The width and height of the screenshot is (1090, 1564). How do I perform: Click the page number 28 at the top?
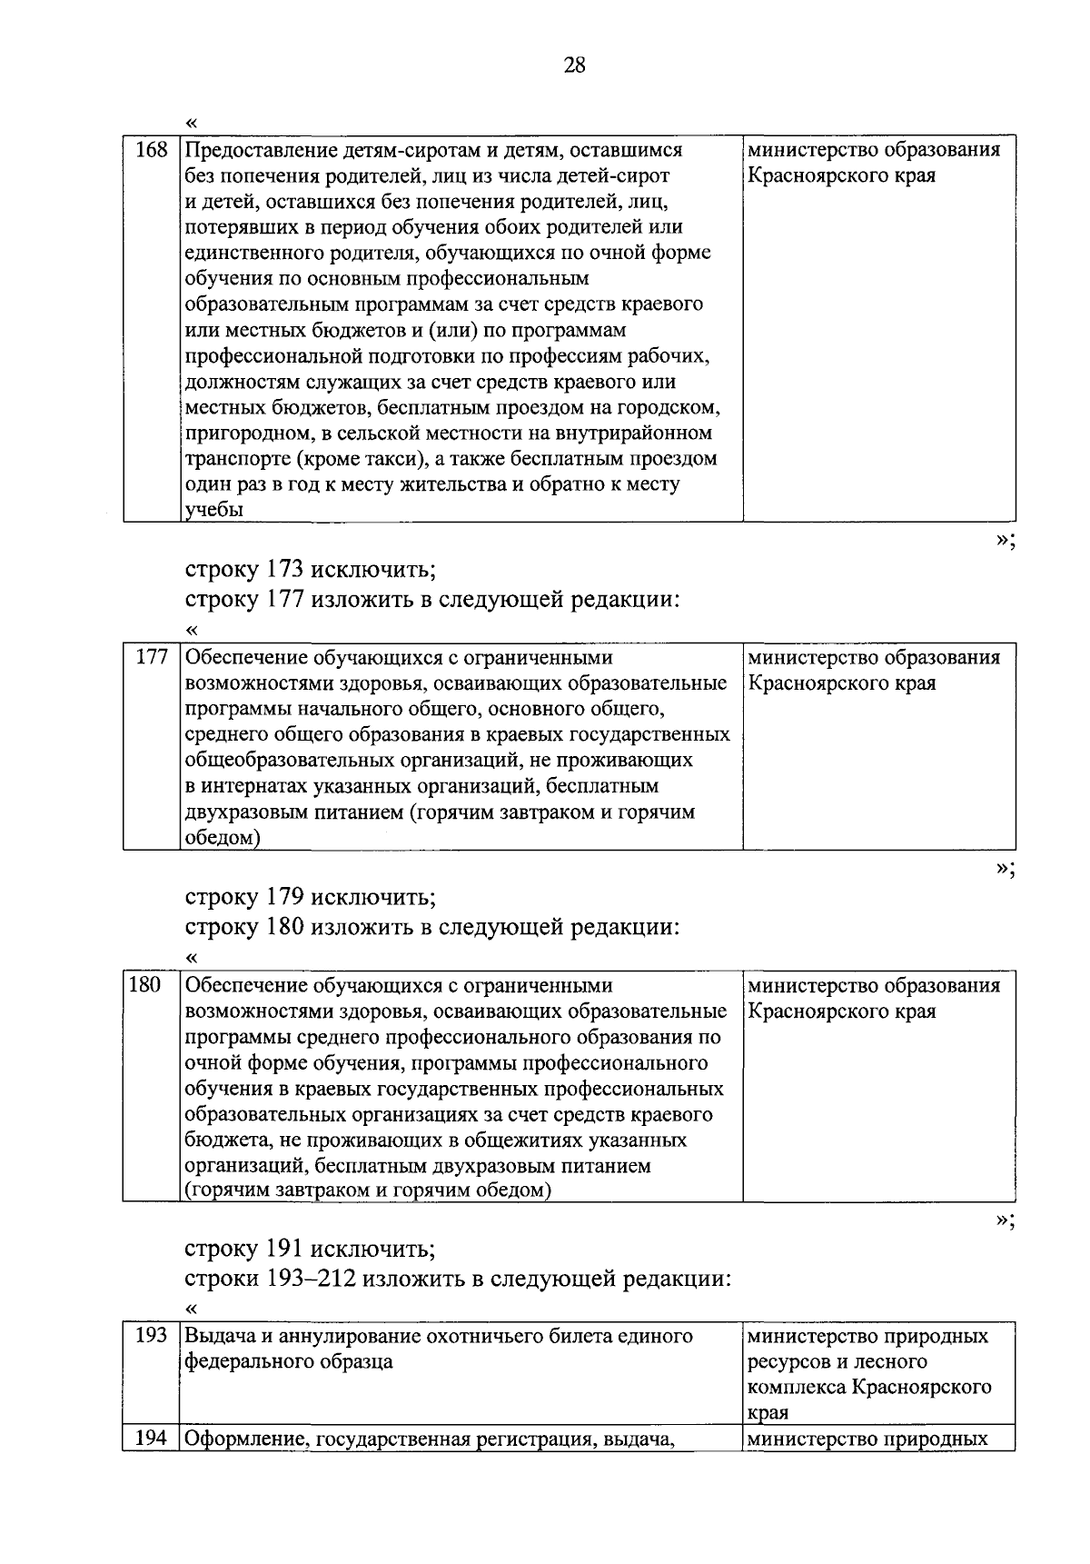[x=575, y=65]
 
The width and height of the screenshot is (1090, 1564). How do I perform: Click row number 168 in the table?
[x=151, y=150]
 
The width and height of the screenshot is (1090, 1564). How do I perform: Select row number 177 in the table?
[x=151, y=657]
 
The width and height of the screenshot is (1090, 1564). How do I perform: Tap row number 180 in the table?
[x=145, y=984]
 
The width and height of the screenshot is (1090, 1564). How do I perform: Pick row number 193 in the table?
[x=151, y=1335]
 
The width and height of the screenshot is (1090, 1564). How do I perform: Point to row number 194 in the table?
[x=151, y=1439]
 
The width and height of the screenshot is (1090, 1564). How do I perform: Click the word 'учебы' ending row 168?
[x=214, y=510]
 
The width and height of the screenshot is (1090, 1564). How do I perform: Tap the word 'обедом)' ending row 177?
[x=223, y=838]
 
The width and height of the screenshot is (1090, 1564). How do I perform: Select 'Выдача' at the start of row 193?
[x=216, y=1336]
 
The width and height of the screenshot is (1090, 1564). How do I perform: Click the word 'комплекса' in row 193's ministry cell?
[x=796, y=1388]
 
